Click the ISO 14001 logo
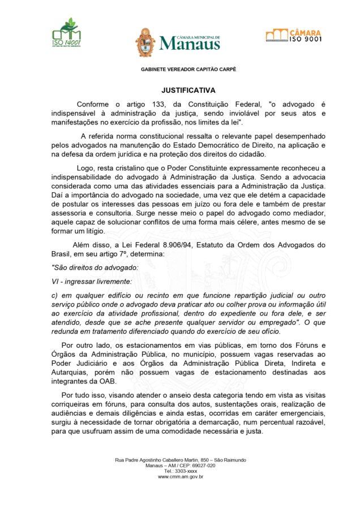(66, 34)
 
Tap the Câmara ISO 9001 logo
(293, 35)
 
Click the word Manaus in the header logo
(189, 44)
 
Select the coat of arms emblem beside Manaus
(145, 42)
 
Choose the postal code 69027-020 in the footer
(203, 465)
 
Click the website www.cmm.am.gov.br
(180, 477)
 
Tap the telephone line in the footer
(180, 471)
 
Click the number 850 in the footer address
(206, 460)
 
